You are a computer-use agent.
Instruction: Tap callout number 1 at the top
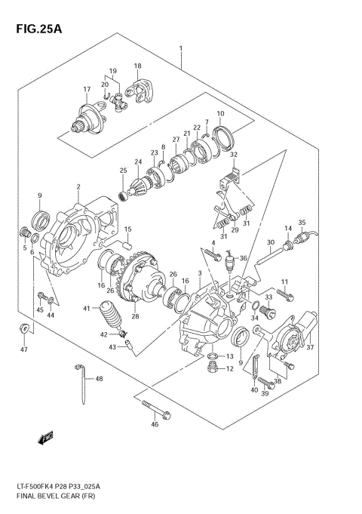pyautogui.click(x=181, y=49)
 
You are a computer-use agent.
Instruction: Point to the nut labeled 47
pyautogui.click(x=24, y=328)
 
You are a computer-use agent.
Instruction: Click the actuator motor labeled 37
pyautogui.click(x=296, y=332)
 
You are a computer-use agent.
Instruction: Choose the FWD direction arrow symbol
pyautogui.click(x=45, y=437)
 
